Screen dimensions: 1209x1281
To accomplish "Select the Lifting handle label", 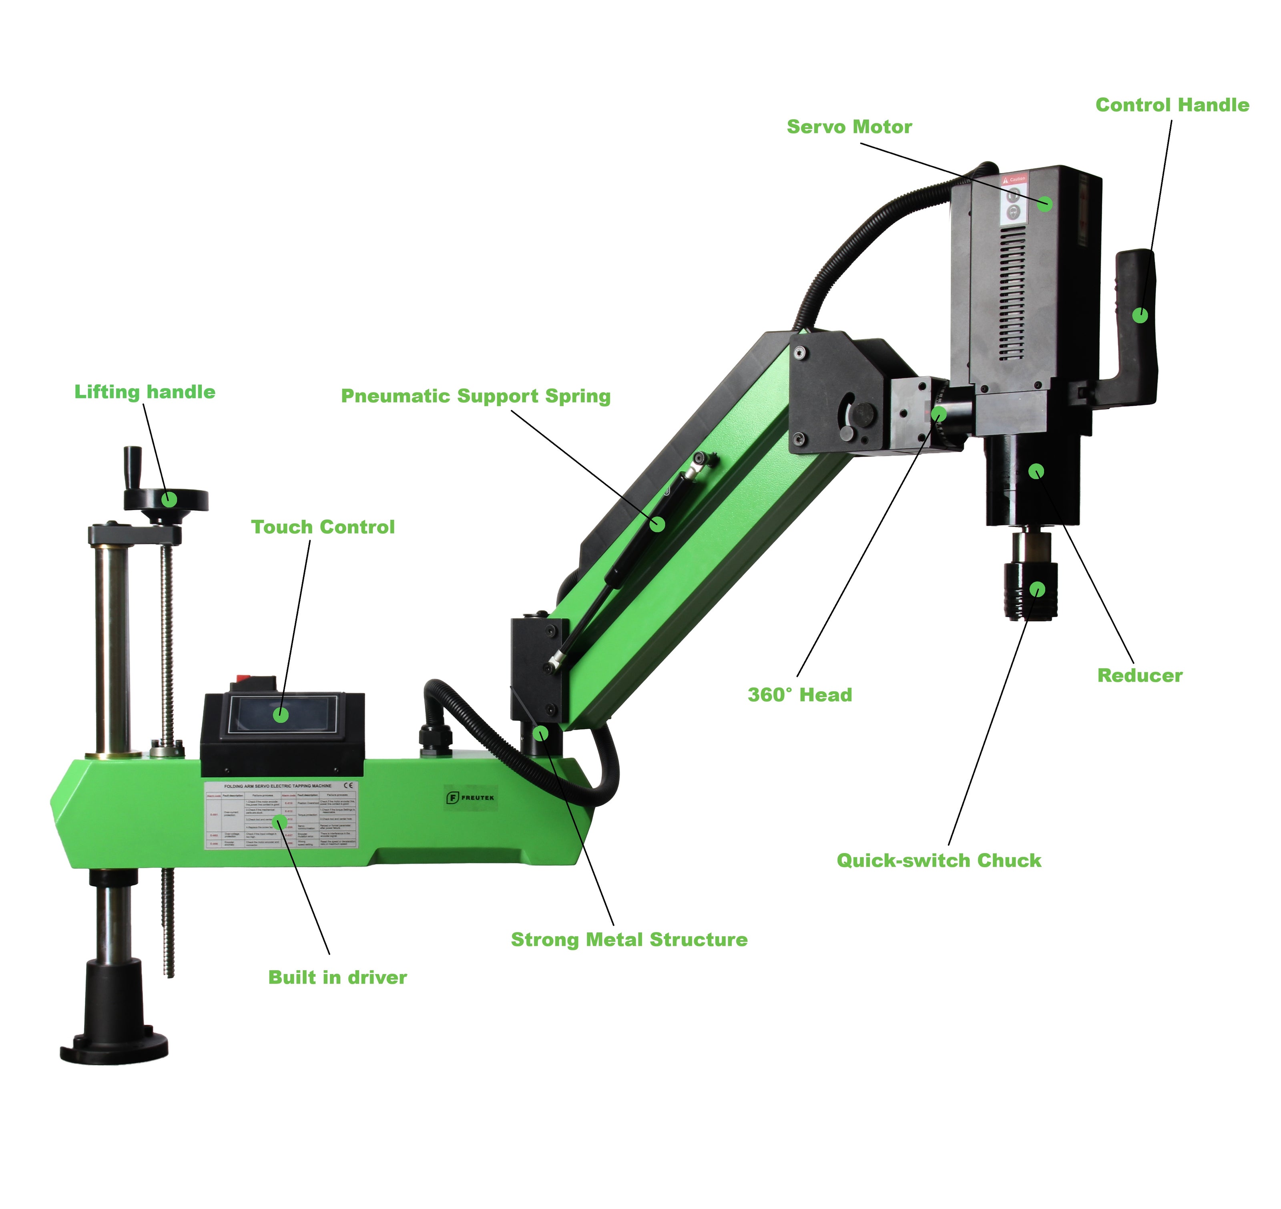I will coord(145,392).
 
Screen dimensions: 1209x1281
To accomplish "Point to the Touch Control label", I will coord(322,527).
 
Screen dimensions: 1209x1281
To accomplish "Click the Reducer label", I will coord(1139,676).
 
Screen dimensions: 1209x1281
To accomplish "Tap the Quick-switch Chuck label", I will coord(938,860).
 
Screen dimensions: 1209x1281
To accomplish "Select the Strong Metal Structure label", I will coord(629,939).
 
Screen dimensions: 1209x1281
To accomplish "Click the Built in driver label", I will coord(337,978).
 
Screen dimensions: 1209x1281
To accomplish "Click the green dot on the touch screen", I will coord(280,715).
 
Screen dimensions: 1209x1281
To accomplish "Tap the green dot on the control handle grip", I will coord(1140,315).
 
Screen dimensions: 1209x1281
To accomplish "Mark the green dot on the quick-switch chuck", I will coord(1037,589).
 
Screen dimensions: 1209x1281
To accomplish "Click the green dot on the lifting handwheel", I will coord(169,499).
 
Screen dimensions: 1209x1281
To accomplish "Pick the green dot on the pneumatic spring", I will coord(657,523).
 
